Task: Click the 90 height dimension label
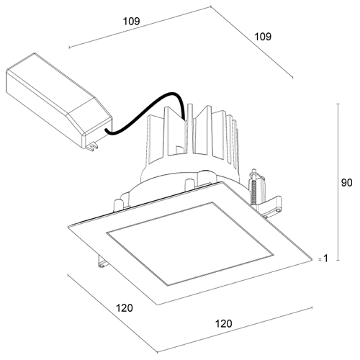[x=346, y=183]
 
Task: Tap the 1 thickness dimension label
[x=325, y=258]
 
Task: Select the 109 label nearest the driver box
[x=131, y=22]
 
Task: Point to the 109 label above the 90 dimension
[x=263, y=37]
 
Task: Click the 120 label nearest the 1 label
[x=223, y=324]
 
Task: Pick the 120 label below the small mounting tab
[x=125, y=308]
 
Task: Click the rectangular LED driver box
[x=59, y=101]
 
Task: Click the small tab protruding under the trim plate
[x=102, y=261]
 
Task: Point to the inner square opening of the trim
[x=190, y=243]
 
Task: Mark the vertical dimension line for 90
[x=338, y=182]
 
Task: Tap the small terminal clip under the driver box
[x=93, y=146]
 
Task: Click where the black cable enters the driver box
[x=106, y=131]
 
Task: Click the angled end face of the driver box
[x=97, y=125]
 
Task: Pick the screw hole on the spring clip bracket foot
[x=278, y=210]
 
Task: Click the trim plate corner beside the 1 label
[x=312, y=259]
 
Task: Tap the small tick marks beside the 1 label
[x=320, y=259]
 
